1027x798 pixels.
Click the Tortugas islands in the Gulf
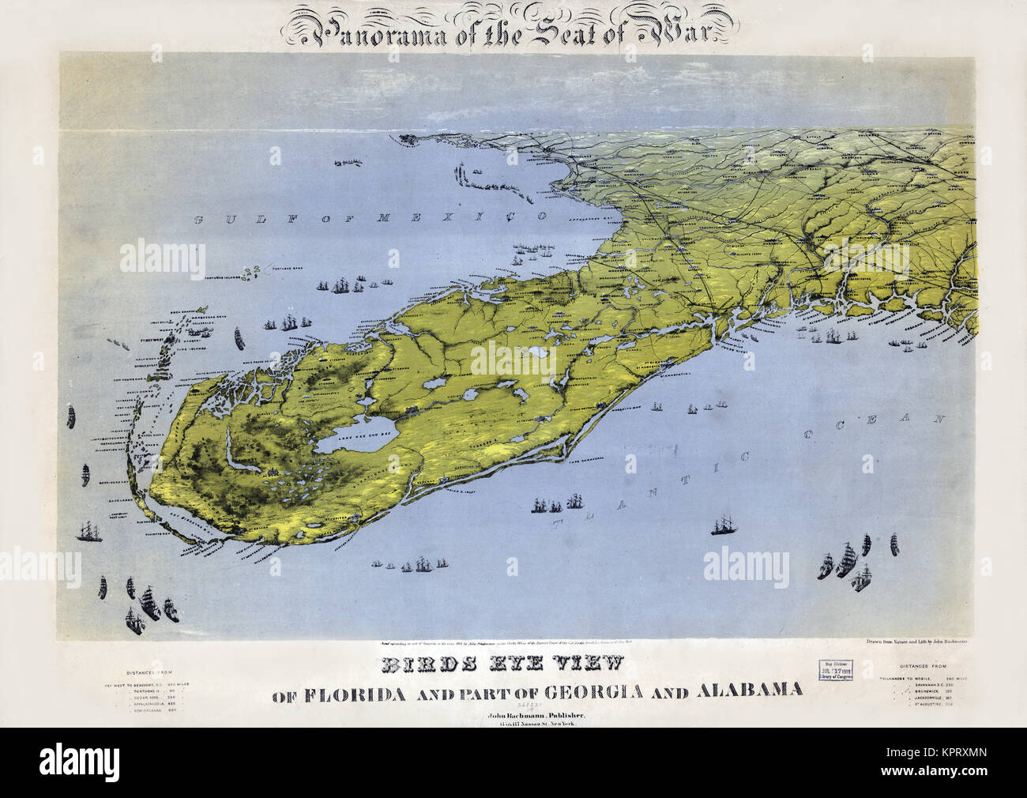pyautogui.click(x=254, y=273)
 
